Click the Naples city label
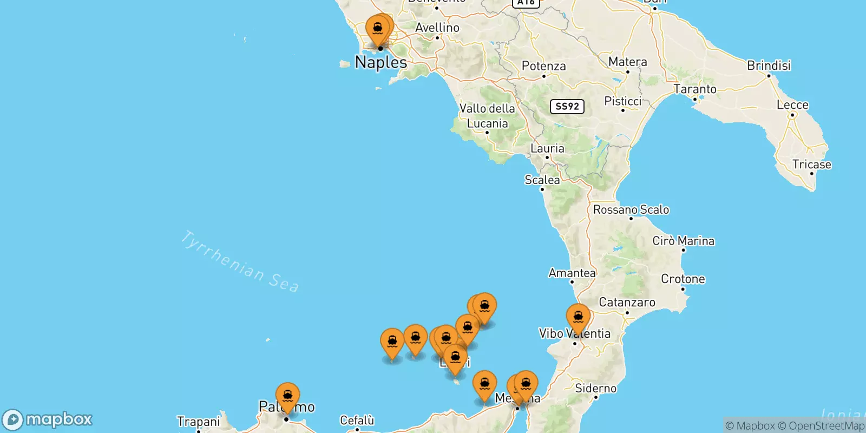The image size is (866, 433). click(x=381, y=62)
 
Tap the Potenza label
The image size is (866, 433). click(x=543, y=66)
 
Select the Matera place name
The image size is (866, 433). click(x=627, y=62)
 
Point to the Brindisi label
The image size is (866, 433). click(x=769, y=65)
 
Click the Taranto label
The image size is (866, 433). click(x=695, y=89)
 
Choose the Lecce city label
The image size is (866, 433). click(x=792, y=105)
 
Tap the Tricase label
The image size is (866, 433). click(x=811, y=165)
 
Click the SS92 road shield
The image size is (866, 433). click(x=567, y=106)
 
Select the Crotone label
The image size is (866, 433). click(x=683, y=279)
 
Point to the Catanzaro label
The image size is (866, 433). click(x=627, y=303)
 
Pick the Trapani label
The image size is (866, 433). click(x=199, y=422)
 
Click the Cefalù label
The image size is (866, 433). click(x=357, y=421)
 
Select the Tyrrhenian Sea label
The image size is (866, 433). click(x=239, y=262)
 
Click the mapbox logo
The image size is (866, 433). click(x=48, y=419)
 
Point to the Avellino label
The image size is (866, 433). click(x=437, y=28)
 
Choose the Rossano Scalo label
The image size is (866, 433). click(x=631, y=209)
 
